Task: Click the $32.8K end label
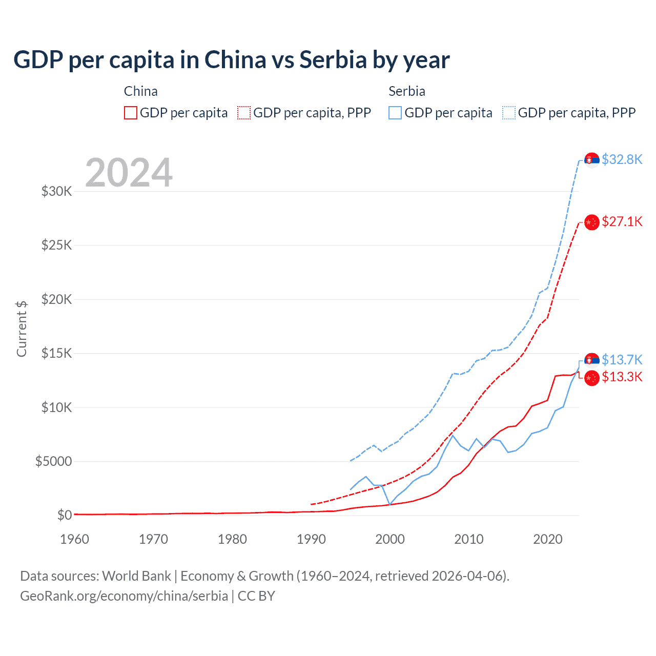pyautogui.click(x=622, y=159)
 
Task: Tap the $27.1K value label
pyautogui.click(x=622, y=221)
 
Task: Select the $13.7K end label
pyautogui.click(x=622, y=360)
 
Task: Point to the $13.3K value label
pyautogui.click(x=622, y=377)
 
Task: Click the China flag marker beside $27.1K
pyautogui.click(x=592, y=222)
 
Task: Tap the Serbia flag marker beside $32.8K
pyautogui.click(x=592, y=160)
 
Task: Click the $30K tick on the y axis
pyautogui.click(x=57, y=192)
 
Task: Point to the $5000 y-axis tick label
pyautogui.click(x=53, y=461)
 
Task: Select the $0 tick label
pyautogui.click(x=64, y=515)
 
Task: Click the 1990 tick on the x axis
pyautogui.click(x=311, y=539)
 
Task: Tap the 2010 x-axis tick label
pyautogui.click(x=469, y=539)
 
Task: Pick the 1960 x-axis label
pyautogui.click(x=75, y=539)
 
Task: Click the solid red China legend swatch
pyautogui.click(x=131, y=113)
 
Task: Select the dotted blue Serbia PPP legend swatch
pyautogui.click(x=509, y=113)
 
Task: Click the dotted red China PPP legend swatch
pyautogui.click(x=244, y=113)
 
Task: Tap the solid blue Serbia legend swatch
pyautogui.click(x=395, y=113)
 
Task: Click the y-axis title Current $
pyautogui.click(x=22, y=329)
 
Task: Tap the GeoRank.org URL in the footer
pyautogui.click(x=124, y=596)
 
